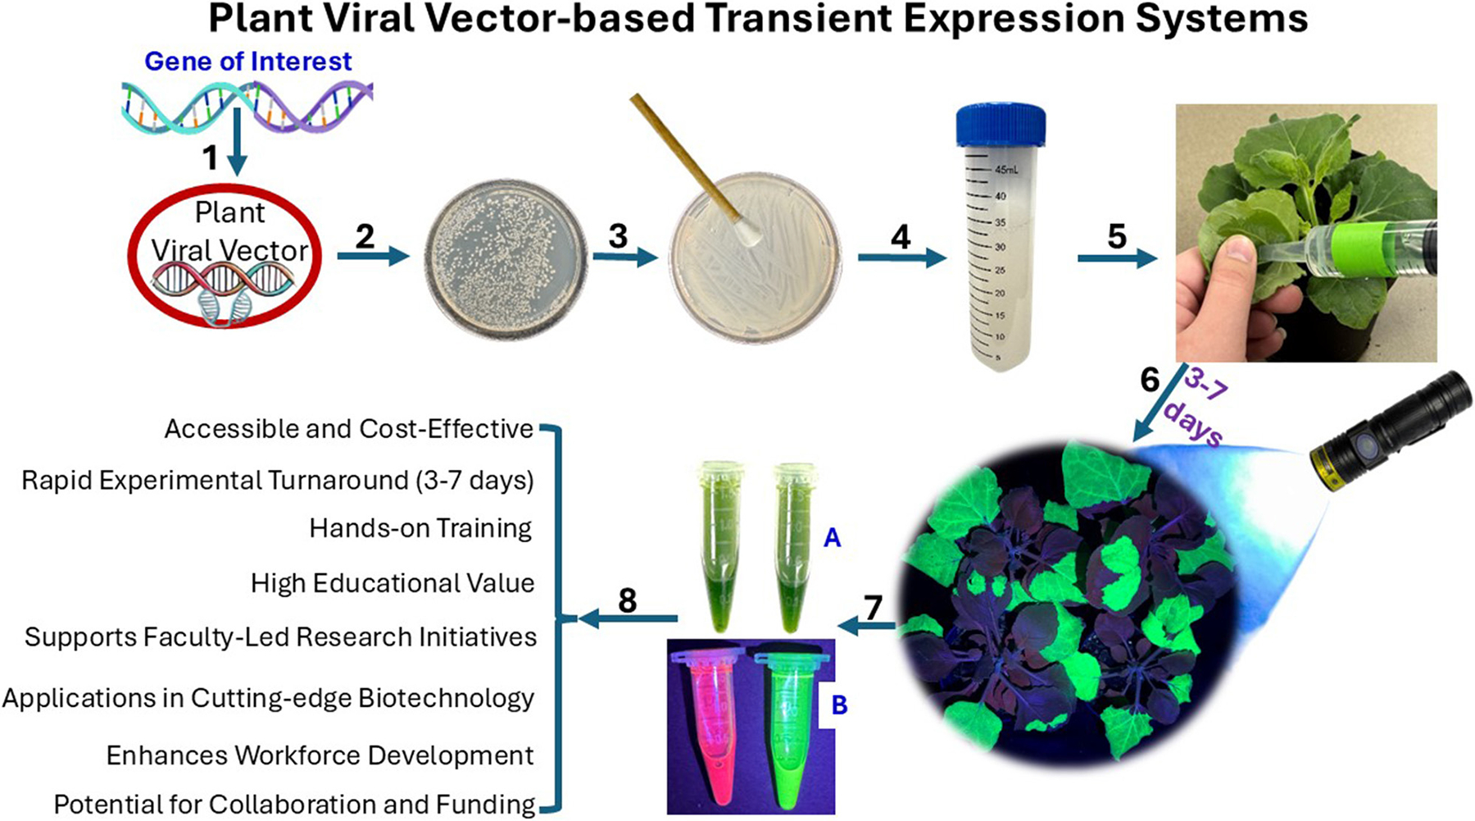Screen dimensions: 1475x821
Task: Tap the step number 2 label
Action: (365, 236)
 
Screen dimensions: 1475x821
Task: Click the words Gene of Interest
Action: (248, 62)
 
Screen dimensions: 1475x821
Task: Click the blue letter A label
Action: (832, 538)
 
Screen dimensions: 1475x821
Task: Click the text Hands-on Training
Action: (420, 528)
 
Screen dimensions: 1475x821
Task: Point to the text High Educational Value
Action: (393, 583)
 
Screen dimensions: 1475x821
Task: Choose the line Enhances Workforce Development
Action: (320, 755)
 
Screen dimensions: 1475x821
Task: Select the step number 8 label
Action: (628, 601)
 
